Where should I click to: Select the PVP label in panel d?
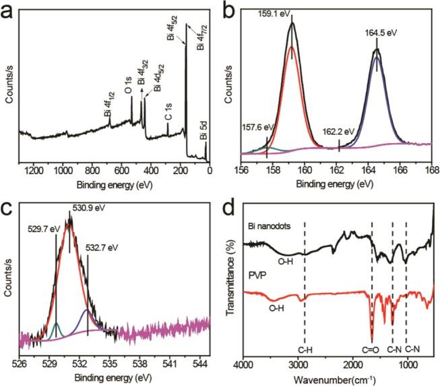click(x=254, y=275)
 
